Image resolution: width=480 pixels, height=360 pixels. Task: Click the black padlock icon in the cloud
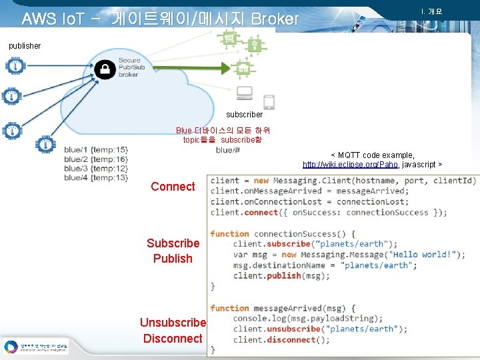[105, 69]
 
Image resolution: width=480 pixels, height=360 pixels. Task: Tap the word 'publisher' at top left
[25, 46]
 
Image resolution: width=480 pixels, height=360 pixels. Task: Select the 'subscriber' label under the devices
[245, 115]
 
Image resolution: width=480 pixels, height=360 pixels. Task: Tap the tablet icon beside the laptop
[269, 102]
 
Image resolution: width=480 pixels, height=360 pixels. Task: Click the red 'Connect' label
[173, 187]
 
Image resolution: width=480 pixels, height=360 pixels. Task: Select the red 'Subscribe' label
[173, 243]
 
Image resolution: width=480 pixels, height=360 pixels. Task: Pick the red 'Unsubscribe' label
[173, 323]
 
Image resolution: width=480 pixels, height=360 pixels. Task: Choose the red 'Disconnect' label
[173, 338]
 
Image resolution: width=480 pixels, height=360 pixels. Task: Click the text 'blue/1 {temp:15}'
[96, 150]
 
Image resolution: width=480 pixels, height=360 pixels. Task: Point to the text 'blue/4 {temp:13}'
[96, 178]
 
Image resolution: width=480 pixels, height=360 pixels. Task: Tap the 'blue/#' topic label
[228, 150]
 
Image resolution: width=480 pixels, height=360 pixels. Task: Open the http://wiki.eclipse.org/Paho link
[351, 165]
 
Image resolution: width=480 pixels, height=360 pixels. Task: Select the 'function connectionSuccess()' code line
[283, 234]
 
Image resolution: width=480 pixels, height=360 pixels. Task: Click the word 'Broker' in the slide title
[275, 19]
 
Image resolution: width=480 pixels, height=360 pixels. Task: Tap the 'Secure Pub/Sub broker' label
[129, 67]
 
